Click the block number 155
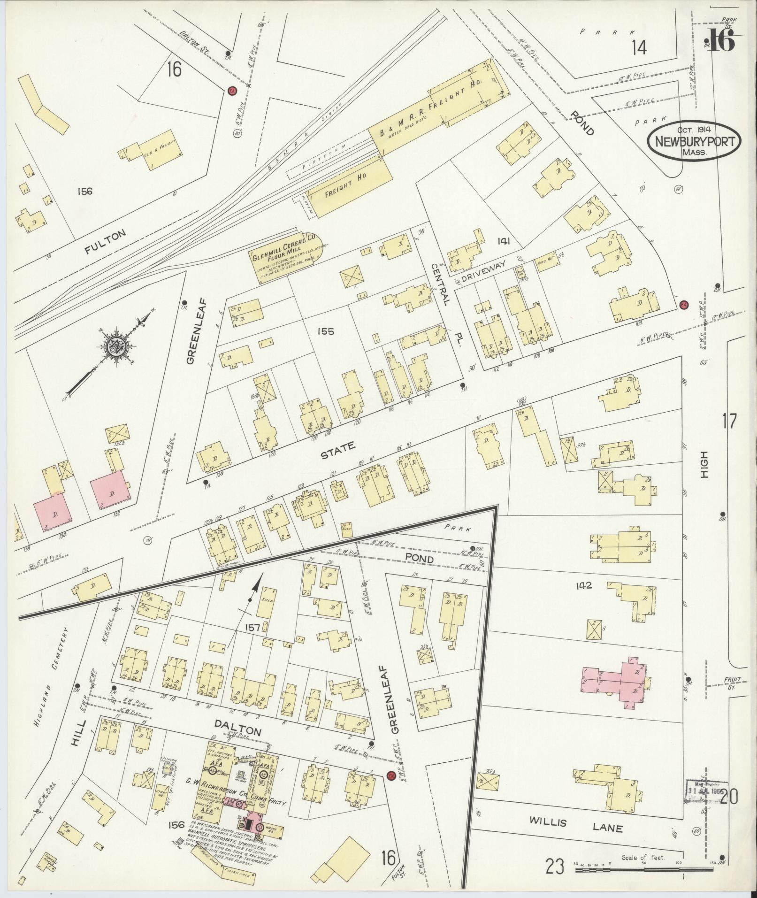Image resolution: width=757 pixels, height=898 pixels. [325, 331]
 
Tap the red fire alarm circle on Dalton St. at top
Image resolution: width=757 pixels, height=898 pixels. [231, 91]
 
